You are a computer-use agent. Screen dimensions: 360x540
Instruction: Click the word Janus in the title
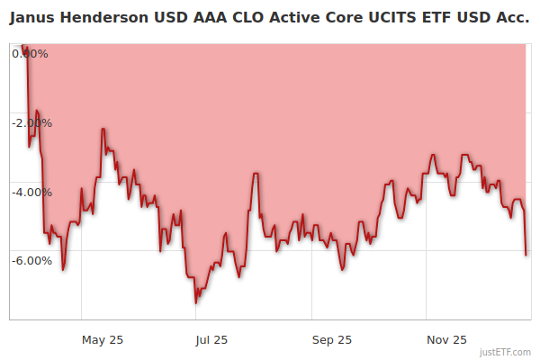tap(33, 18)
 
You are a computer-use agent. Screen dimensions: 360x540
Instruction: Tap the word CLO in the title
tap(243, 18)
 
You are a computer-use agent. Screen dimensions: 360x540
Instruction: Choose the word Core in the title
tap(332, 18)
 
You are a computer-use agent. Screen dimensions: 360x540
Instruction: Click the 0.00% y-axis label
tap(31, 53)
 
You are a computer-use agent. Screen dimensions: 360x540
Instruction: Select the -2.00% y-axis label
tap(31, 122)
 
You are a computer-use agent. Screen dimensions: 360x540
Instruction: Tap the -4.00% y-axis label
tap(31, 192)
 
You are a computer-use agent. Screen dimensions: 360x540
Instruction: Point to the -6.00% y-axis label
tap(31, 260)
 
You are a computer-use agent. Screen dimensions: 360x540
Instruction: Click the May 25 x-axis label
tap(103, 339)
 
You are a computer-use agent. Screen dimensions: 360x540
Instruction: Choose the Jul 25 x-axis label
tap(211, 339)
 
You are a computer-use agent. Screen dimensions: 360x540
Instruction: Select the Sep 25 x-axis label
tap(332, 339)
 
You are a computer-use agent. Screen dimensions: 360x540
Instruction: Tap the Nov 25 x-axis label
tap(446, 339)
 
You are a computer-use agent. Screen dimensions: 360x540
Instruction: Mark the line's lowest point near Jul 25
tap(196, 302)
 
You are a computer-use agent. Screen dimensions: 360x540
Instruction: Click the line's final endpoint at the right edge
tap(526, 255)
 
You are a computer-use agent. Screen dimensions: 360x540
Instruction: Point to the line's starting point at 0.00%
tap(24, 45)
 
